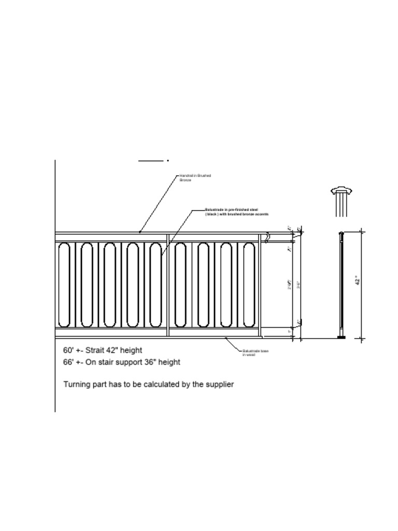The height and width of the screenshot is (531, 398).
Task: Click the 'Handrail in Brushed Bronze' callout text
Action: click(x=195, y=178)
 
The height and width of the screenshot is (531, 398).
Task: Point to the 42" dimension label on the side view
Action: click(x=357, y=281)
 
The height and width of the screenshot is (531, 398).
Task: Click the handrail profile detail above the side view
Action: click(x=340, y=200)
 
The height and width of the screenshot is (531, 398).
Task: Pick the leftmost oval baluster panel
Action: click(x=64, y=285)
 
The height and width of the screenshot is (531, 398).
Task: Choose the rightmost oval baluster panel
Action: click(x=249, y=285)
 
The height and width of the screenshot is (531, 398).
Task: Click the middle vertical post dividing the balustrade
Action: click(x=168, y=285)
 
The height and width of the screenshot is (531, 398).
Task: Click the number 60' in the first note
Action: click(x=68, y=350)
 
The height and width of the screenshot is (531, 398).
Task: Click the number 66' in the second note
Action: click(x=68, y=362)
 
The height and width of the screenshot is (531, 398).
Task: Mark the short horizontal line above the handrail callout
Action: click(x=151, y=161)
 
